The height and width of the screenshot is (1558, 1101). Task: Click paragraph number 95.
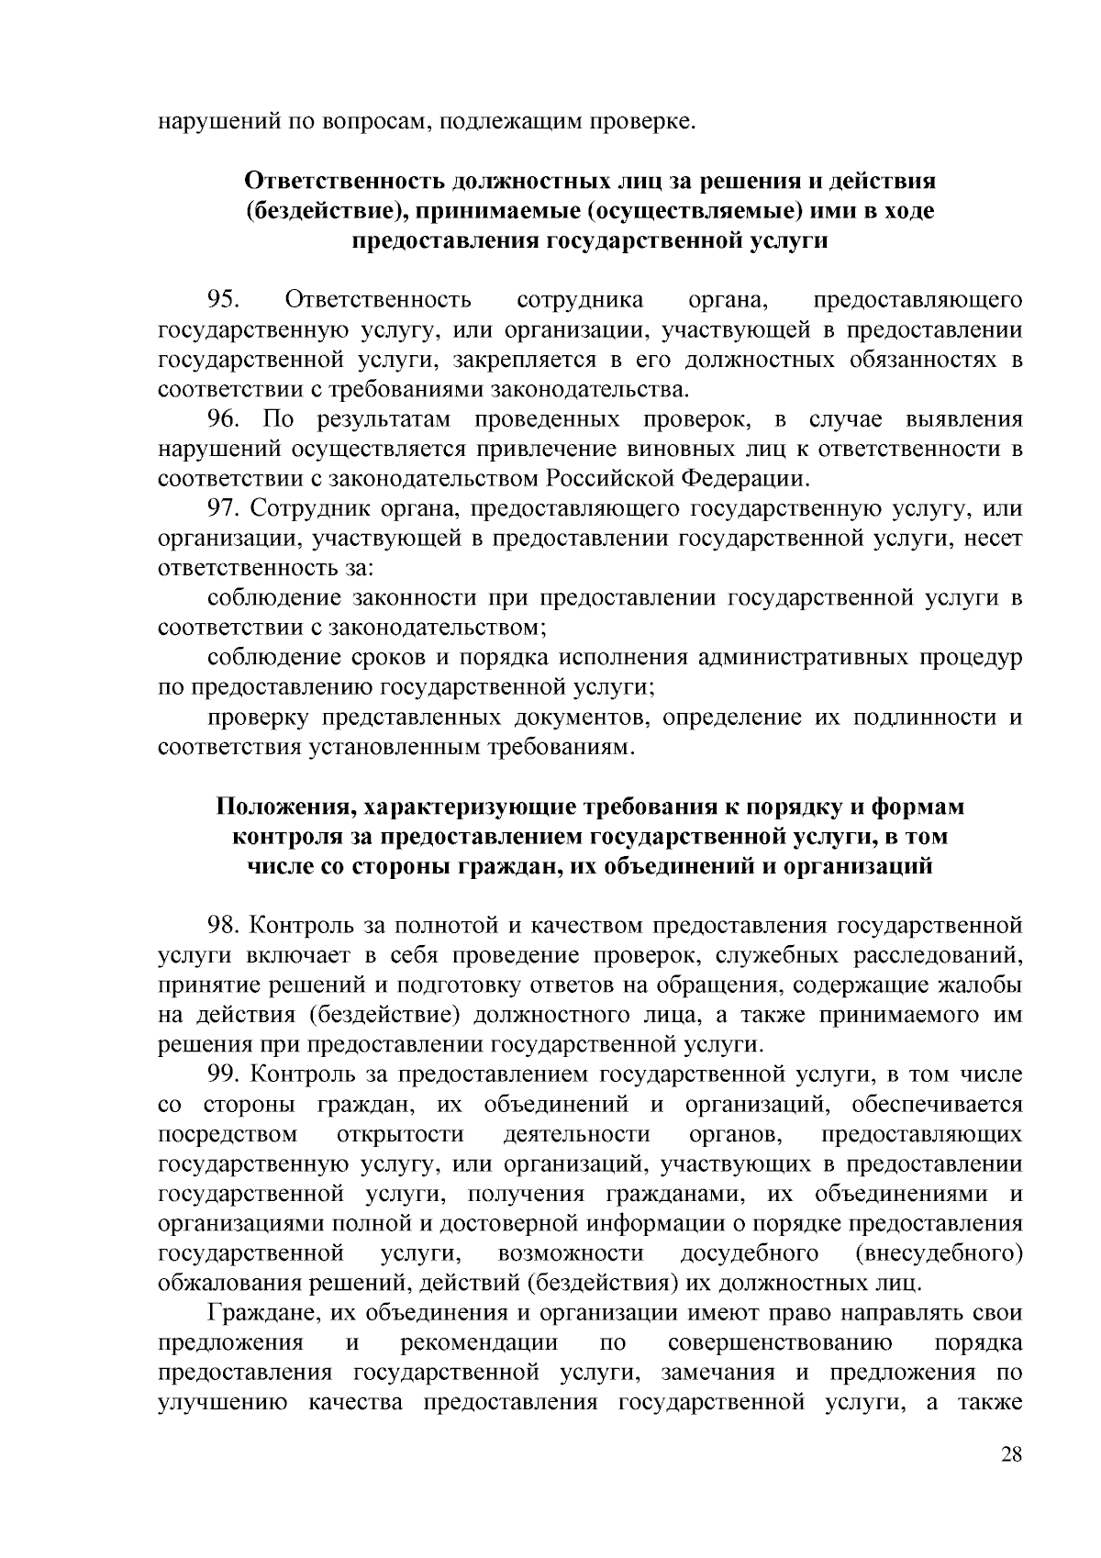pos(223,299)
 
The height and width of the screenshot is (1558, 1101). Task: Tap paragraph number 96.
pos(223,419)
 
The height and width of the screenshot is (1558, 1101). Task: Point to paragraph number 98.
pos(223,927)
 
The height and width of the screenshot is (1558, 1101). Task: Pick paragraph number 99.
pos(223,1074)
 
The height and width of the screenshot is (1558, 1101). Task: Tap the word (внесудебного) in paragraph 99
pos(938,1253)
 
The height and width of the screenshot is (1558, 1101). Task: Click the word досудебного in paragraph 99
pos(750,1253)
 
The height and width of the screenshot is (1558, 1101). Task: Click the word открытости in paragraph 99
pos(401,1134)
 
